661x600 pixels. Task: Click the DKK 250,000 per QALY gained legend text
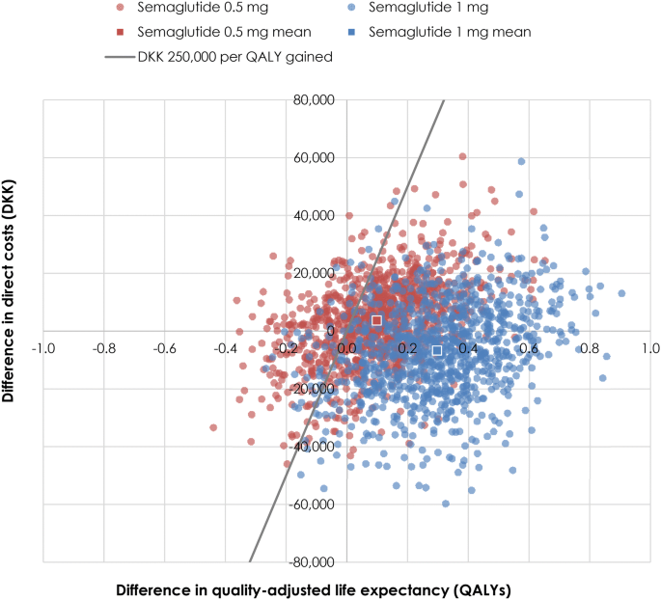235,57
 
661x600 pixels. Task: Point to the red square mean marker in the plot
376,320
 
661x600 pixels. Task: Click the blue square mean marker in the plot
437,350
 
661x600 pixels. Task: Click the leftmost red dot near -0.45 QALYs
213,427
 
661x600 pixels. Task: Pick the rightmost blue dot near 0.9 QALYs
621,293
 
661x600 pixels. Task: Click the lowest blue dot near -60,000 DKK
445,504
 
